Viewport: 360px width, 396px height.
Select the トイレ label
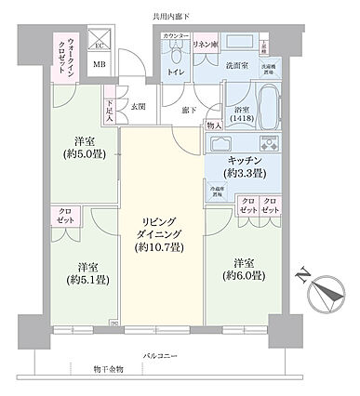coord(174,70)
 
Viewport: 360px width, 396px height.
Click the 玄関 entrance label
coord(139,107)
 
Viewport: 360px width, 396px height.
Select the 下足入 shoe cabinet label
coord(110,112)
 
